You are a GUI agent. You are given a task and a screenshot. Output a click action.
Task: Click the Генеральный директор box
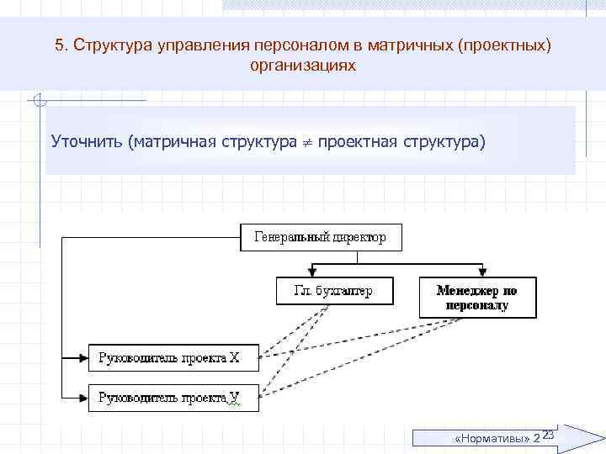pyautogui.click(x=321, y=237)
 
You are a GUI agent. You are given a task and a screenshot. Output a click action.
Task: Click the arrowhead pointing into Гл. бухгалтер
pyautogui.click(x=313, y=272)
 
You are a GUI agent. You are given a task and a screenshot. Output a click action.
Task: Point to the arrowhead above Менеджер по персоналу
pyautogui.click(x=481, y=272)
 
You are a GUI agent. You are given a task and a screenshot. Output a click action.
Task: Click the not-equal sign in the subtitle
pyautogui.click(x=308, y=142)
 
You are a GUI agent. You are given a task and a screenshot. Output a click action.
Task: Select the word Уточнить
pyautogui.click(x=87, y=139)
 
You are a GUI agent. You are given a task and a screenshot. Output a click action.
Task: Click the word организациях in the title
pyautogui.click(x=303, y=65)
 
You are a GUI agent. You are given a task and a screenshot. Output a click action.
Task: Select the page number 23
pyautogui.click(x=546, y=435)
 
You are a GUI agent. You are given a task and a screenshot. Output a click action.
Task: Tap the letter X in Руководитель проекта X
pyautogui.click(x=236, y=358)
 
